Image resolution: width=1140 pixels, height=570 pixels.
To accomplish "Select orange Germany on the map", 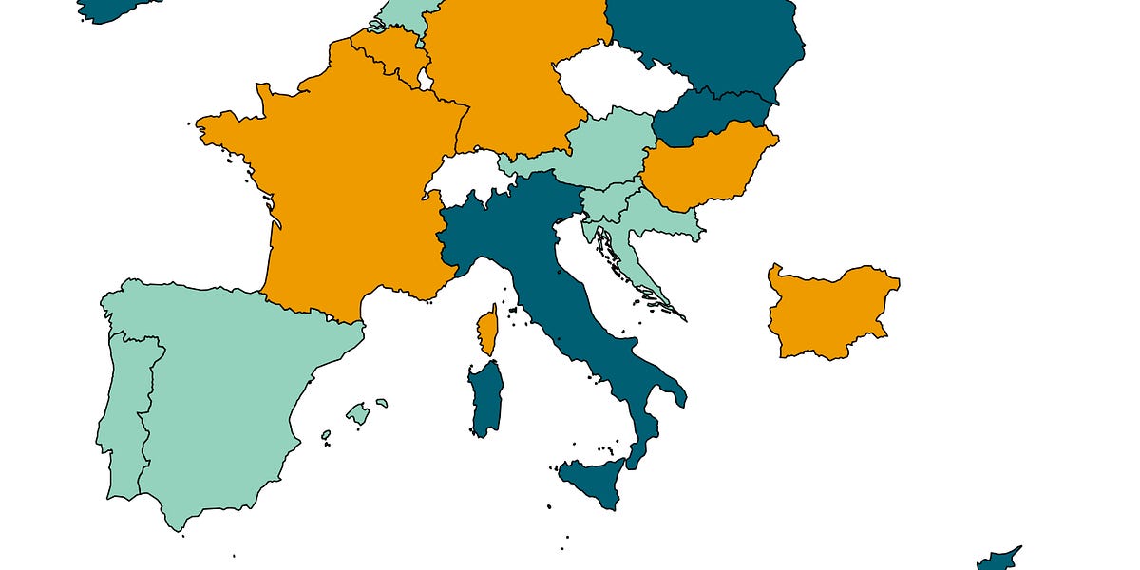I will coord(513,76).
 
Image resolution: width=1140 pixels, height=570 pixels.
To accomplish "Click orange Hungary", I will coord(703,171).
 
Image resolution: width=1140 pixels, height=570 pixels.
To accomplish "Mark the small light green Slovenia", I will coord(604,202).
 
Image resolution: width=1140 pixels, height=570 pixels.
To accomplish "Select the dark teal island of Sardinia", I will coord(485,399).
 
